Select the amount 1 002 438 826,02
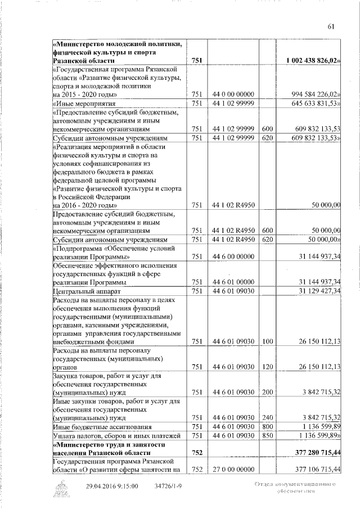coord(311,60)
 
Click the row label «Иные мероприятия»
coord(84,103)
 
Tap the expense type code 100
coord(267,341)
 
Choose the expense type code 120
coord(267,367)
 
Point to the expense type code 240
coord(267,417)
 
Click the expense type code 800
coord(267,426)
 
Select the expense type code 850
coord(267,435)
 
